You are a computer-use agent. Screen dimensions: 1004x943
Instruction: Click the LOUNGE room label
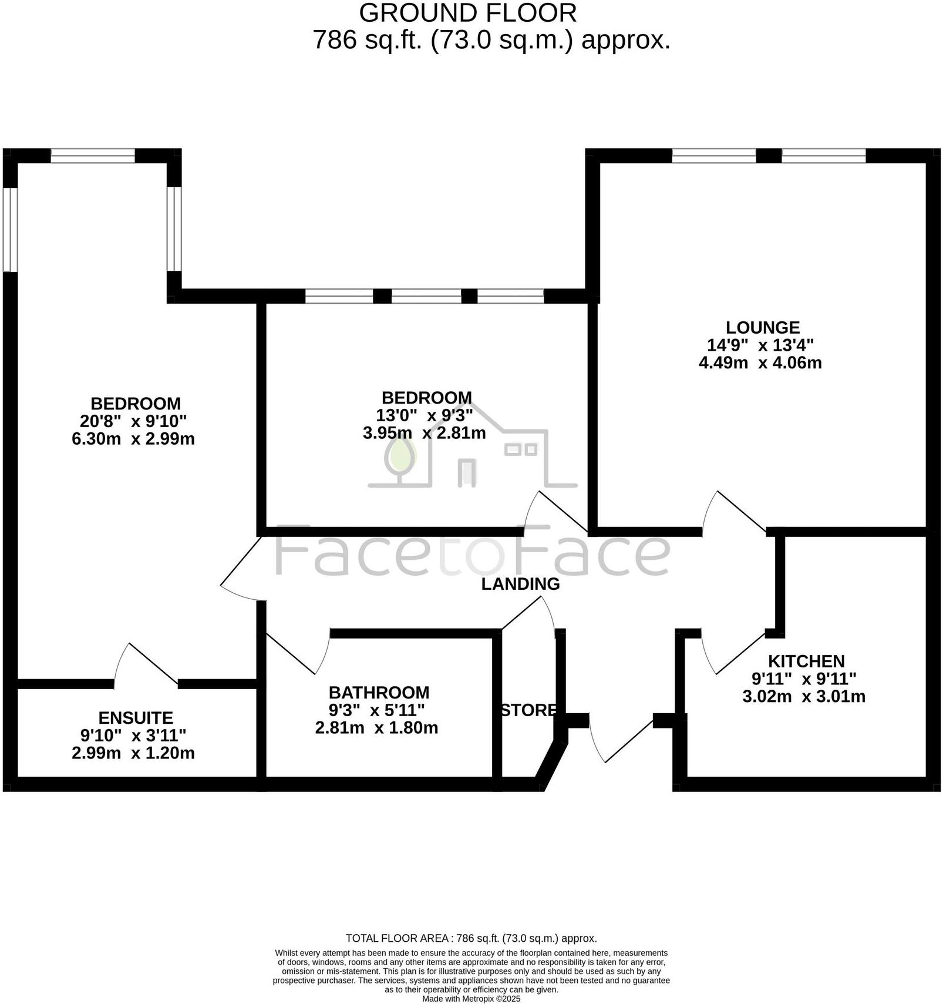762,327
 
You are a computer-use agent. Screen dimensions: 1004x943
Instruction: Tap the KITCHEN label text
806,661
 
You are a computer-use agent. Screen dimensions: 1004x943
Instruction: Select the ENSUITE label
136,718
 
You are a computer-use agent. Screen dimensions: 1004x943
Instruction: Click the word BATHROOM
379,692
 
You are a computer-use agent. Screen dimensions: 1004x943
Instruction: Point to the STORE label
528,710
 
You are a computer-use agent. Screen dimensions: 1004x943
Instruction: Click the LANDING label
520,584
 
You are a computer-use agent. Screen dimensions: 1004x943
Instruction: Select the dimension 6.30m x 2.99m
133,439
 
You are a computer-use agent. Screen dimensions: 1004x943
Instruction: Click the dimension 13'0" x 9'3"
425,415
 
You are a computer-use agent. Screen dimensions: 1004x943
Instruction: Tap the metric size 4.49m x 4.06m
760,362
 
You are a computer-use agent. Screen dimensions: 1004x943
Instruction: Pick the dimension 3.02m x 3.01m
804,697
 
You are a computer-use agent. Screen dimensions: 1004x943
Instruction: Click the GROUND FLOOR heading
467,13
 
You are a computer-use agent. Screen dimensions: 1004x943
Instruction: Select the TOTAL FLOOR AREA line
471,938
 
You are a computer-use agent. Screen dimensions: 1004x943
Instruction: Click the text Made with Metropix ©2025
471,998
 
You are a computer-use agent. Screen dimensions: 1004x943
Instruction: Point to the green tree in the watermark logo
401,456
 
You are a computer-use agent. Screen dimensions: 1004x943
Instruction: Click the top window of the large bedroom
93,156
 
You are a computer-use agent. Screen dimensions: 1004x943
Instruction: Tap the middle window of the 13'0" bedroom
426,296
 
